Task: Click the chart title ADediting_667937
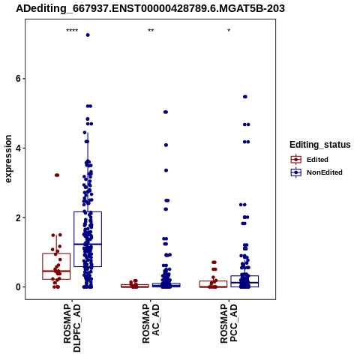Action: pyautogui.click(x=150, y=8)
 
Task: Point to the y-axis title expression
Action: pyautogui.click(x=8, y=159)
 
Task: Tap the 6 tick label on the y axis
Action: pyautogui.click(x=18, y=79)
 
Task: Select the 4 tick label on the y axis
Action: pyautogui.click(x=18, y=148)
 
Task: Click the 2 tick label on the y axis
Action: pyautogui.click(x=18, y=217)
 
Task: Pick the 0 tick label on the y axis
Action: pyautogui.click(x=18, y=287)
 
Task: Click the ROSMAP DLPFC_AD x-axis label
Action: pyautogui.click(x=72, y=328)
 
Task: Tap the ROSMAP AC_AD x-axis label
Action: pyautogui.click(x=151, y=323)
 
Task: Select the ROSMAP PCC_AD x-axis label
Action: pyautogui.click(x=229, y=323)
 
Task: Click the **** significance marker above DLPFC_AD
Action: pyautogui.click(x=72, y=31)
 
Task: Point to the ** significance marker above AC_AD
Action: pyautogui.click(x=151, y=31)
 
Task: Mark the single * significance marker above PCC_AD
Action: pyautogui.click(x=229, y=31)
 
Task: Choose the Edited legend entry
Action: pyautogui.click(x=310, y=160)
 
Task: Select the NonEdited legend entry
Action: pyautogui.click(x=316, y=172)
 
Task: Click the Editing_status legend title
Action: pyautogui.click(x=320, y=145)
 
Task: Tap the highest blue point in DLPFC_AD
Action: pyautogui.click(x=88, y=35)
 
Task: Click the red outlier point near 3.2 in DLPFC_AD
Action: pyautogui.click(x=57, y=175)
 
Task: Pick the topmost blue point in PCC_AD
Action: pyautogui.click(x=245, y=97)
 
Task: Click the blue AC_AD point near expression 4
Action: pyautogui.click(x=166, y=145)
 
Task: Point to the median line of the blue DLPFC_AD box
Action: pyautogui.click(x=88, y=244)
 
